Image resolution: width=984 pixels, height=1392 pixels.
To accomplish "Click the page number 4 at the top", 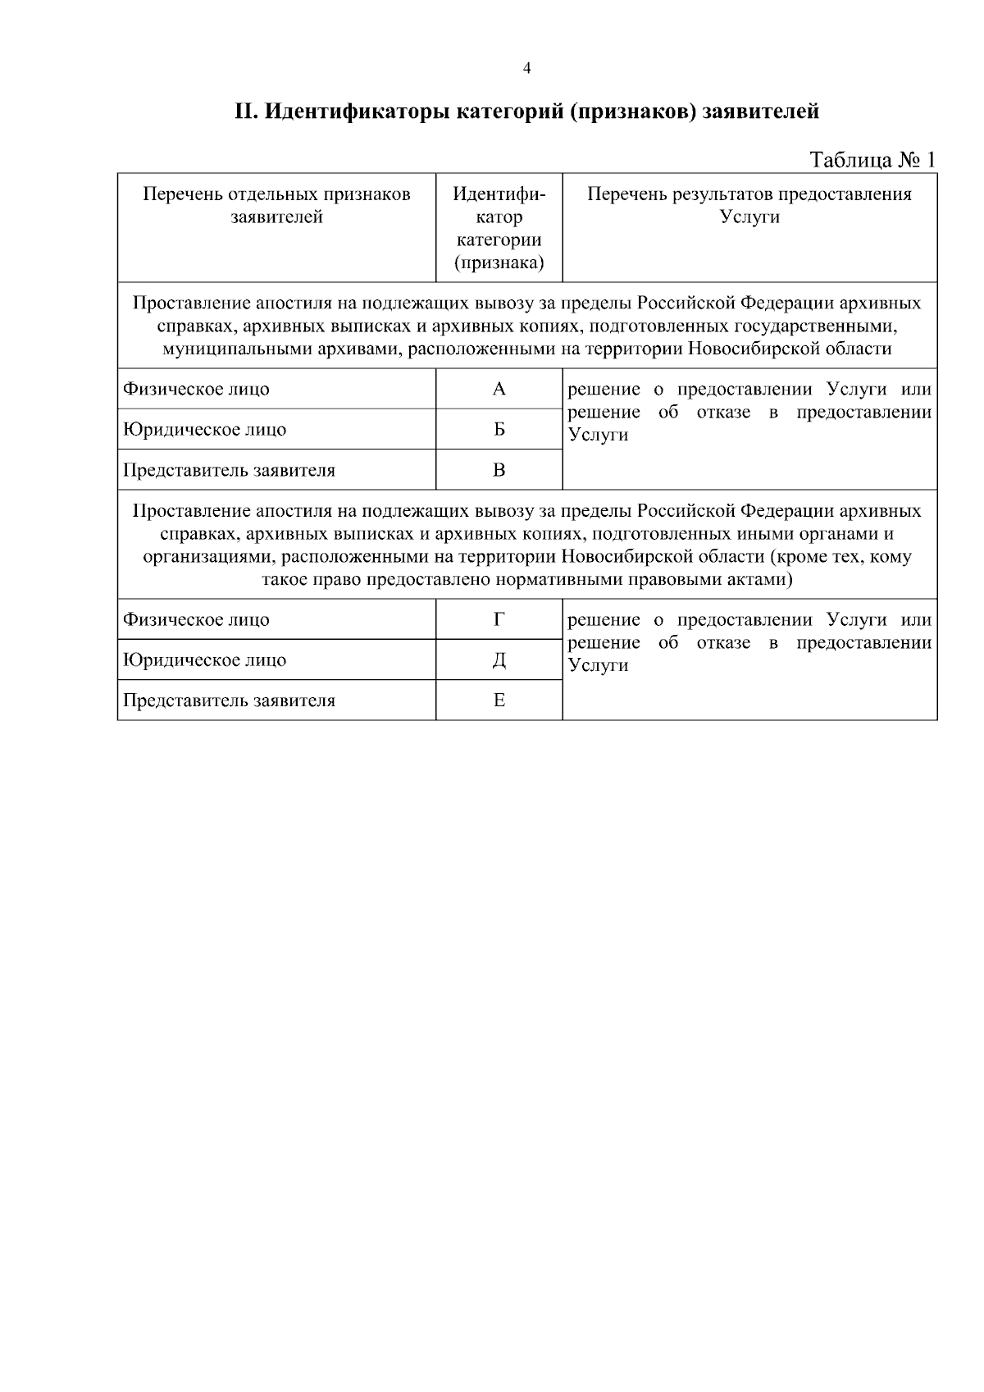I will pyautogui.click(x=526, y=69).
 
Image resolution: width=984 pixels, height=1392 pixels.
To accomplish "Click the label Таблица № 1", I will pyautogui.click(x=872, y=159).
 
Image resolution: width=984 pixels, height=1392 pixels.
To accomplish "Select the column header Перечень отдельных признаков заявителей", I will pyautogui.click(x=276, y=206).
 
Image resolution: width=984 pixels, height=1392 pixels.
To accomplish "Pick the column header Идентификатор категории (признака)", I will pyautogui.click(x=499, y=228).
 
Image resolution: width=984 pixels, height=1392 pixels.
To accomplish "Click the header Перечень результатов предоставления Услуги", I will pyautogui.click(x=749, y=206).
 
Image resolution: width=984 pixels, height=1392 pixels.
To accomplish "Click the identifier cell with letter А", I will pyautogui.click(x=499, y=390).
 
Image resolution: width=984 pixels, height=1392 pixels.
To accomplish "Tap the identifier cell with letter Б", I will pyautogui.click(x=499, y=430).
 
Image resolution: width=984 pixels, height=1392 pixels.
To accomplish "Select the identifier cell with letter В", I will pyautogui.click(x=499, y=470).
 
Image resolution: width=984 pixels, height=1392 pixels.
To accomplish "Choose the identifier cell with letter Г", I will pyautogui.click(x=499, y=620).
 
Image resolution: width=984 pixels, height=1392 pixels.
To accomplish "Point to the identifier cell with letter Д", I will pyautogui.click(x=499, y=660).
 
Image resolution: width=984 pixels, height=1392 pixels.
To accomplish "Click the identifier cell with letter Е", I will pyautogui.click(x=499, y=701).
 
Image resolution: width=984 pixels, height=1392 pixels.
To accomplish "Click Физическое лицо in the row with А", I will pyautogui.click(x=196, y=390).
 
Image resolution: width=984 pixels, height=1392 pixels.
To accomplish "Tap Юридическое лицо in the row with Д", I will pyautogui.click(x=204, y=660).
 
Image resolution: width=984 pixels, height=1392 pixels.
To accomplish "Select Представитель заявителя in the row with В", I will pyautogui.click(x=229, y=471).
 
